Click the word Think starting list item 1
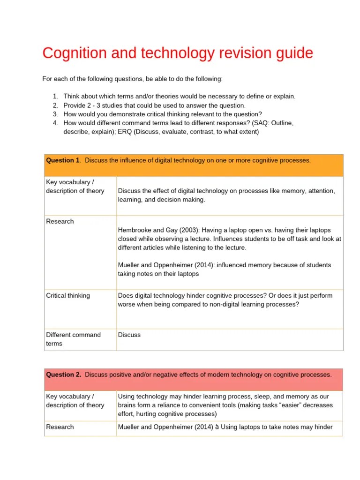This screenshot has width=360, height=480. point(72,96)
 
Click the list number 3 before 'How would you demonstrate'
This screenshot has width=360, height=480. point(55,114)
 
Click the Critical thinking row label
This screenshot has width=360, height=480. point(68,296)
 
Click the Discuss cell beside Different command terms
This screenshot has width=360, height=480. point(129,335)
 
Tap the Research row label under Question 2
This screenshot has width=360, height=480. point(60,427)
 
